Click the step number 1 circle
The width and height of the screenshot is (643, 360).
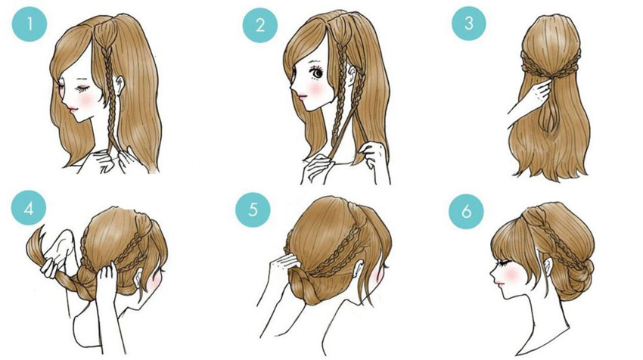29,24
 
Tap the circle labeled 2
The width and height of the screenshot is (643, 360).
260,25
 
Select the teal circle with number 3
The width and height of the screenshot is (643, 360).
469,23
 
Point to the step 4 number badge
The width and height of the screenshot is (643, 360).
29,208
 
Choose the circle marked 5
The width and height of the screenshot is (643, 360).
253,209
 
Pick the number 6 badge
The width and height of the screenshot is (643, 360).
466,211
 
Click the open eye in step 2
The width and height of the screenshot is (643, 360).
317,74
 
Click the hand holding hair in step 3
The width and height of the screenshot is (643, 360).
537,93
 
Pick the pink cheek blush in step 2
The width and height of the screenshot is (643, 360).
315,88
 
